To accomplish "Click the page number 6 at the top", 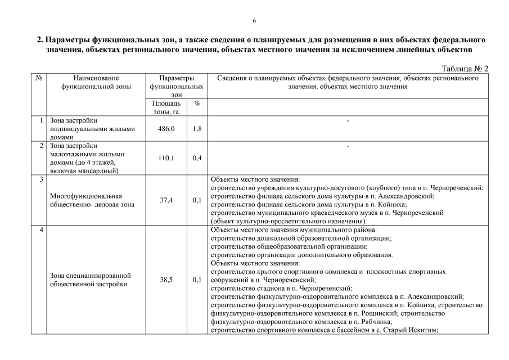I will click(x=254, y=21).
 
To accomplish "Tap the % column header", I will click(x=197, y=104).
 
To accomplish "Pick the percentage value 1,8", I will click(x=197, y=129).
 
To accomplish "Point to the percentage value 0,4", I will click(x=197, y=158).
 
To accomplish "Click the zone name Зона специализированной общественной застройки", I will click(x=91, y=280).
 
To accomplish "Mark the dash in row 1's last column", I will click(x=348, y=121).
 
